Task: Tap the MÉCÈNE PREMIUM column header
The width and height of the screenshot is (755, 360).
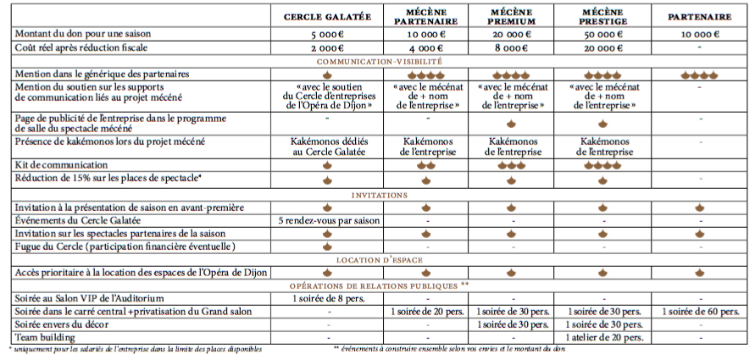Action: coord(512,17)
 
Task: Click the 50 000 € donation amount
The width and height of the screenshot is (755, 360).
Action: coord(602,35)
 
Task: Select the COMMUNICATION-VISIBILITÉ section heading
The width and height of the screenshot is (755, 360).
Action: coord(380,62)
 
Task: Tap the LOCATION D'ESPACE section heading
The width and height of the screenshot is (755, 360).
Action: coord(380,259)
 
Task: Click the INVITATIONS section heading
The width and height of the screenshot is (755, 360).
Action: coord(380,195)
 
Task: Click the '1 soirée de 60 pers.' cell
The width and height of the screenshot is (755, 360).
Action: coord(700,311)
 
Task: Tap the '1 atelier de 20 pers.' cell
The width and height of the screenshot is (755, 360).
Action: coord(602,337)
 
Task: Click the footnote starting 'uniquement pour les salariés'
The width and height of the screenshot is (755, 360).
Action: coord(136,349)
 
